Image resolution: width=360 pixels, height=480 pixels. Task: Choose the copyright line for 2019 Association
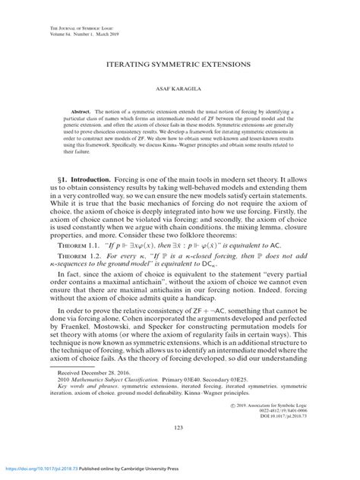(x=267, y=404)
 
